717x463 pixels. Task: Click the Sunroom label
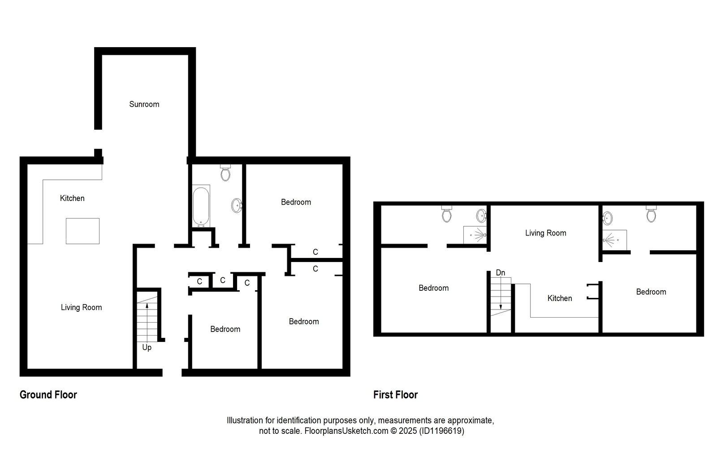[144, 104]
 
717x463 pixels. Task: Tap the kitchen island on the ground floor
[82, 231]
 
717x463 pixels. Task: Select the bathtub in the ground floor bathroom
[201, 206]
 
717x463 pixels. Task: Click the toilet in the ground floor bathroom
[225, 173]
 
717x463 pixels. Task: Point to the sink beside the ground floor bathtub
[237, 206]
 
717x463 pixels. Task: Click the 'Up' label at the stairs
[147, 347]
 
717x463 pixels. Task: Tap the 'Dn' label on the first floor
[501, 273]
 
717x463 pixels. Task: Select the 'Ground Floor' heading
[48, 395]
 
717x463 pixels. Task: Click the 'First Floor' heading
[395, 395]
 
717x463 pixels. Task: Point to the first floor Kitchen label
[560, 298]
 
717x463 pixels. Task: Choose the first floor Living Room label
[545, 233]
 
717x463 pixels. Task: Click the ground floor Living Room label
[81, 307]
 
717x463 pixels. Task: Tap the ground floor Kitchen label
[72, 198]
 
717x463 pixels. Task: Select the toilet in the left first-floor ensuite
[446, 214]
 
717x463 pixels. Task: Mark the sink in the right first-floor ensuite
[608, 218]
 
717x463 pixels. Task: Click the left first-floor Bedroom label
[433, 288]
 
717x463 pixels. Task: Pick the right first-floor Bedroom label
[651, 292]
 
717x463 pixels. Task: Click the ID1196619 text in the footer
[441, 431]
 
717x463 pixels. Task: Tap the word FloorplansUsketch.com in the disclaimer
[346, 431]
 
